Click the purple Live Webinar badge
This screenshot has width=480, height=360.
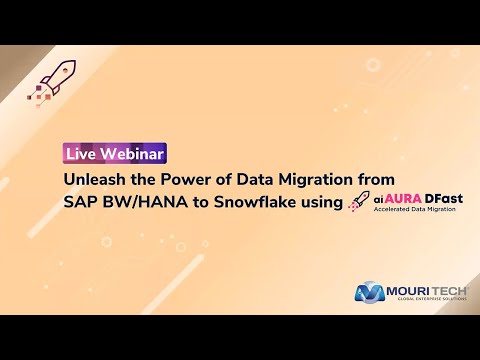(x=115, y=153)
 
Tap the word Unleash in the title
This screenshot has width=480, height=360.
(x=93, y=180)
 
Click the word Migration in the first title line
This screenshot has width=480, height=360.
(x=318, y=180)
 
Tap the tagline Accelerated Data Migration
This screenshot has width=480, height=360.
(x=418, y=212)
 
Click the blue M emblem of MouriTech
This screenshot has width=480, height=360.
(x=371, y=293)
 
